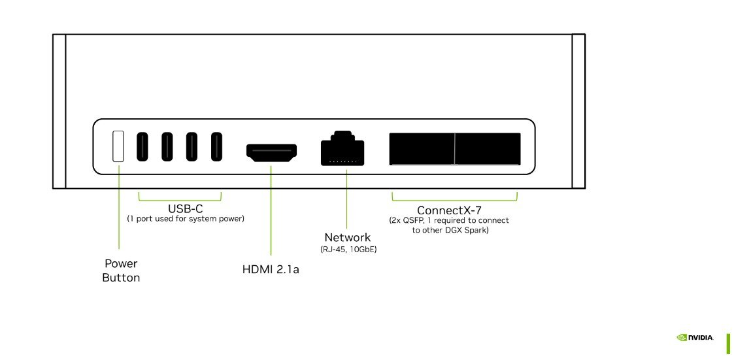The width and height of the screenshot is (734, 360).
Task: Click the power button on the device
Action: click(118, 146)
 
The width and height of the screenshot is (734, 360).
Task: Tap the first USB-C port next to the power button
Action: click(142, 146)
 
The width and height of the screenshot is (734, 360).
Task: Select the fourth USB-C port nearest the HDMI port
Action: click(216, 146)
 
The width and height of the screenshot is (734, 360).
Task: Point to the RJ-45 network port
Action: click(342, 149)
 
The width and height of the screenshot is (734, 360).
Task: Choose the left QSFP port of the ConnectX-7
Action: click(422, 149)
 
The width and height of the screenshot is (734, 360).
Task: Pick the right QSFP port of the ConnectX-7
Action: click(488, 149)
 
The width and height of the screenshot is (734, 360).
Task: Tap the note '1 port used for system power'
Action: click(186, 219)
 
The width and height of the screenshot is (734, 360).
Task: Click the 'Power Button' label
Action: click(121, 270)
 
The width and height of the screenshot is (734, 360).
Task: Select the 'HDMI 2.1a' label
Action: click(271, 269)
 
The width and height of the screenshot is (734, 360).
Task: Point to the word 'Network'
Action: click(347, 237)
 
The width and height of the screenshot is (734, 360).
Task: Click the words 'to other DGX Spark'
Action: click(451, 231)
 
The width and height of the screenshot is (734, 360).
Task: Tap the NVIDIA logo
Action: click(695, 338)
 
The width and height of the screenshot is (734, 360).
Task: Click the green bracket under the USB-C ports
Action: click(180, 199)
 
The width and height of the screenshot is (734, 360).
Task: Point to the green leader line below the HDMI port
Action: click(271, 209)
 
